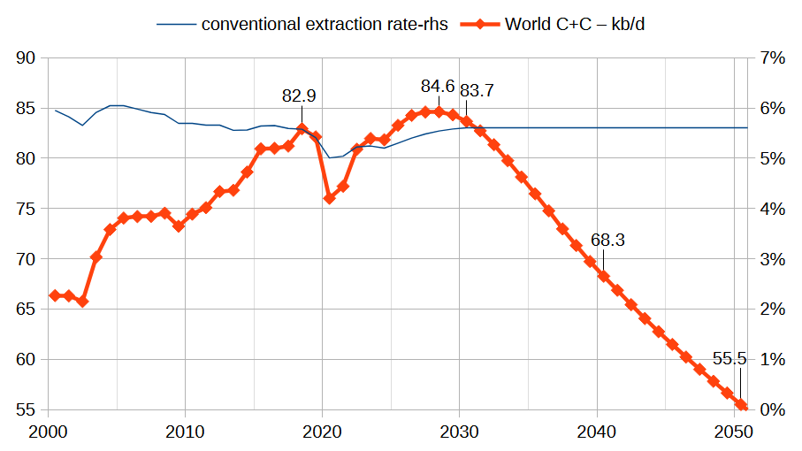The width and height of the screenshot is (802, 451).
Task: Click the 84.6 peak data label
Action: pyautogui.click(x=438, y=87)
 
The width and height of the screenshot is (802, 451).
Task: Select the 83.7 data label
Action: pyautogui.click(x=477, y=90)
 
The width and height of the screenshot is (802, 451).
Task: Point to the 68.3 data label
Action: pyautogui.click(x=607, y=240)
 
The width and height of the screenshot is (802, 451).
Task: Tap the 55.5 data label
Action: pyautogui.click(x=729, y=359)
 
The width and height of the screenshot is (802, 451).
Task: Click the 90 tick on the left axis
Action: pyautogui.click(x=26, y=58)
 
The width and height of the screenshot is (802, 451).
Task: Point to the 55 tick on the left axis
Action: pyautogui.click(x=26, y=410)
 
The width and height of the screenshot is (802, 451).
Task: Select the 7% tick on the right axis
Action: pyautogui.click(x=773, y=58)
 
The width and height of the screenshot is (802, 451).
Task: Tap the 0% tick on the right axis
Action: pyautogui.click(x=773, y=410)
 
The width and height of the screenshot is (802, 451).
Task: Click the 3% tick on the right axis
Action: pyautogui.click(x=773, y=259)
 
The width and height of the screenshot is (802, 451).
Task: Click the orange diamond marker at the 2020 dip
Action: pyautogui.click(x=330, y=198)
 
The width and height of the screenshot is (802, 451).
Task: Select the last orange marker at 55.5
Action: pyautogui.click(x=741, y=405)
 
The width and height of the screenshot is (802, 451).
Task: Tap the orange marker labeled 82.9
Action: pyautogui.click(x=302, y=129)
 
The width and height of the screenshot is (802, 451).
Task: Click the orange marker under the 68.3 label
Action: pyautogui.click(x=604, y=276)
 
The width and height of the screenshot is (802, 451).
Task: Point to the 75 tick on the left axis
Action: pyautogui.click(x=26, y=209)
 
